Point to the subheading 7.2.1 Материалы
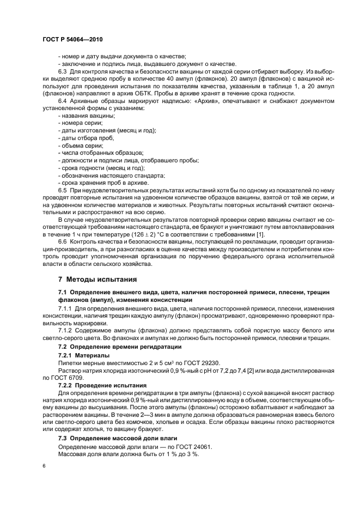click(80, 354)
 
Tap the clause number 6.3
click(63, 71)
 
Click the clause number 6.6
click(63, 241)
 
